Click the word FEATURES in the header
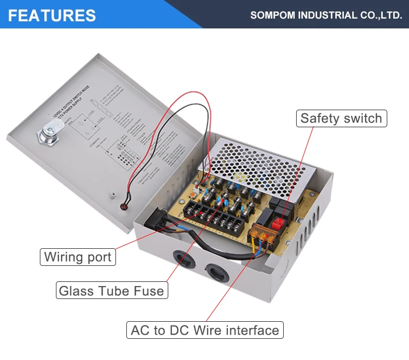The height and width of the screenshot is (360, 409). click(x=52, y=15)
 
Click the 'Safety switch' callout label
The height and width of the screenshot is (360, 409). click(x=341, y=118)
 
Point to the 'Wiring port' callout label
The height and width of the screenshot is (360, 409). click(x=78, y=257)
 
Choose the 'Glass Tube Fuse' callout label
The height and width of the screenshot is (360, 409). click(x=111, y=290)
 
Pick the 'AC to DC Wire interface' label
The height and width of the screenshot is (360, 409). click(x=204, y=330)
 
